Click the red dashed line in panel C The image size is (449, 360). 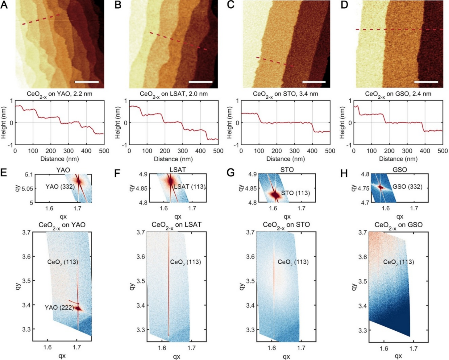[274, 62]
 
